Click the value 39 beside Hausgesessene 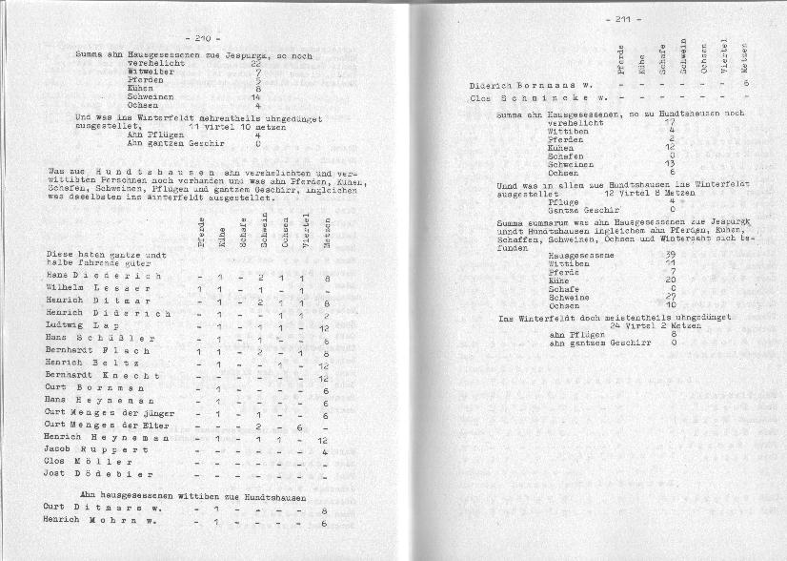pyautogui.click(x=672, y=255)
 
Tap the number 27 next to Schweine pyautogui.click(x=671, y=297)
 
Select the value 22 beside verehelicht pyautogui.click(x=255, y=63)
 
